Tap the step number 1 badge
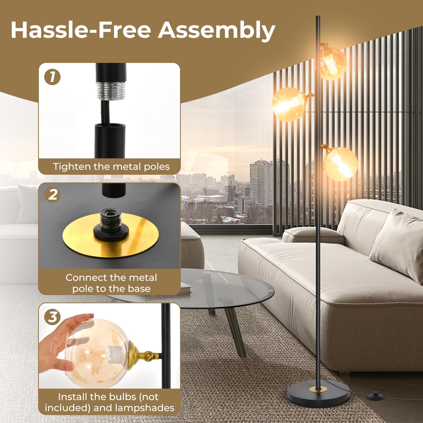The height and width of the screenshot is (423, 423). tap(52, 77)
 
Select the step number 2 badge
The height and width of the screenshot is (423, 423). tap(53, 195)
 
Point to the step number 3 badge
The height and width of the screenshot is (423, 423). tap(53, 317)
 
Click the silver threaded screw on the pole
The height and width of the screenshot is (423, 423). tap(111, 91)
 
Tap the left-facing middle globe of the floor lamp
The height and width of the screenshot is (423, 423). tap(289, 104)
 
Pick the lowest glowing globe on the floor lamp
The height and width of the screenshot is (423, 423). tap(341, 164)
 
